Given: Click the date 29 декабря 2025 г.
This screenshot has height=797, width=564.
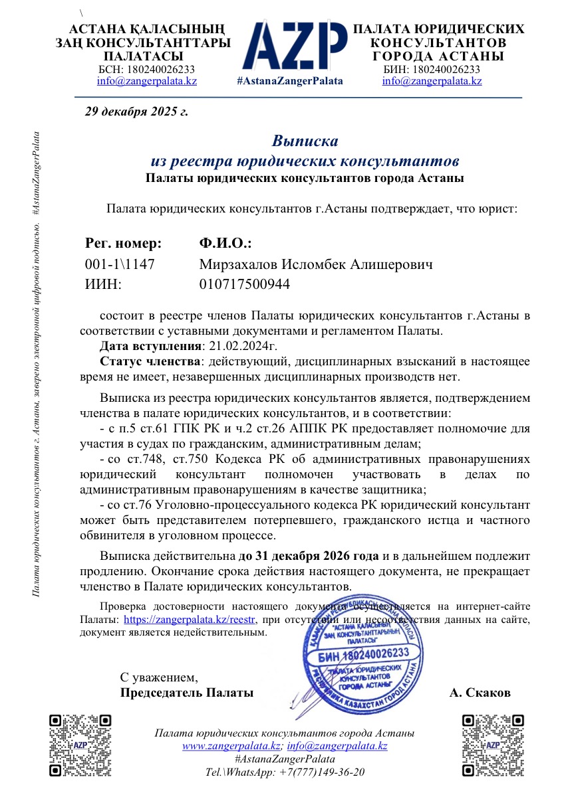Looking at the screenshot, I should point(136,111).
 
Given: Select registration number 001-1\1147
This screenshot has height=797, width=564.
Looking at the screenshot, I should point(120,265).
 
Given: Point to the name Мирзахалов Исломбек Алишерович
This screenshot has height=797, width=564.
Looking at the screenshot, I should point(316,265).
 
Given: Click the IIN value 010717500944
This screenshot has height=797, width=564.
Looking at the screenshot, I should point(245,285).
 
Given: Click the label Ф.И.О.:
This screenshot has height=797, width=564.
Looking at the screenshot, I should point(225,243).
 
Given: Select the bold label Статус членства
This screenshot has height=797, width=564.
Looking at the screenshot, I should point(149,361).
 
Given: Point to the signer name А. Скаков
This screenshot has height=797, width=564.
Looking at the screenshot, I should point(480,693).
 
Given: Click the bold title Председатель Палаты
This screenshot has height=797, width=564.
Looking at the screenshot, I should point(186,693).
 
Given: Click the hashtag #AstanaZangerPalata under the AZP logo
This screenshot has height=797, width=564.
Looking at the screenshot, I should point(290,81).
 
